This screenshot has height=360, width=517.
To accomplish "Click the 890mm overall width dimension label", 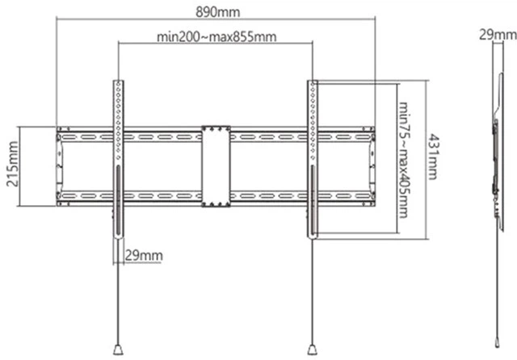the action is [x=218, y=12].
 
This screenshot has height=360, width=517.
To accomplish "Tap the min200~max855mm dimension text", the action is [x=216, y=36].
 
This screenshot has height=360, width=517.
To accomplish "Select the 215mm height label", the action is [x=13, y=164].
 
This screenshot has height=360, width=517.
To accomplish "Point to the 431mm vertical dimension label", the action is [x=434, y=157].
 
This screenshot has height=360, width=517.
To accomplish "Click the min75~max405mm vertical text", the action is [x=404, y=160].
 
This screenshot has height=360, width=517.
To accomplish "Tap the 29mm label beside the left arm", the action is [x=144, y=256].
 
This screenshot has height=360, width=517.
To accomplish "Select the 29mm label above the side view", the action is [x=498, y=35].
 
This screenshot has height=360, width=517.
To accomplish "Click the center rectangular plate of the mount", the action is [x=216, y=166].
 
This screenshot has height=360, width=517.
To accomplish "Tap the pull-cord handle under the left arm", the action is [x=118, y=350].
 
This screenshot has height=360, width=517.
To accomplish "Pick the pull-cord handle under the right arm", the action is [x=313, y=350].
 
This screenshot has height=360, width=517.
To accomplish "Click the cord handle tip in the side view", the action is [x=498, y=341].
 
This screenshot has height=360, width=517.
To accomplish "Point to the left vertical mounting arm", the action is [x=118, y=159].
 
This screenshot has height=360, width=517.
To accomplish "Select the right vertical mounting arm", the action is [x=313, y=159].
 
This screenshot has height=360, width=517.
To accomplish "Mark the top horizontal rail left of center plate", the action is [x=129, y=134].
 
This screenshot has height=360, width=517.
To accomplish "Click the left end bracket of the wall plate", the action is [x=59, y=166].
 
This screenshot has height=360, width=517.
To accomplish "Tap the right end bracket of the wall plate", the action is [x=372, y=166].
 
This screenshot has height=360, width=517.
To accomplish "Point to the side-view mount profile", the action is [x=498, y=152].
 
